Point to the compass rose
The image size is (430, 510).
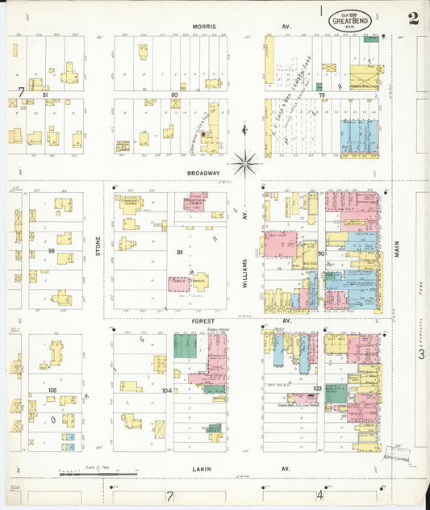[x=245, y=163]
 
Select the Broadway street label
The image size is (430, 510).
[x=203, y=173]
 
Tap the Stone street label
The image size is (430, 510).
[x=98, y=243]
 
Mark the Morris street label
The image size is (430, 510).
[x=203, y=26]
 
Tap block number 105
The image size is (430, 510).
[x=52, y=390]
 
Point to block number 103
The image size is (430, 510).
[x=317, y=388]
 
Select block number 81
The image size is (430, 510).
[x=45, y=95]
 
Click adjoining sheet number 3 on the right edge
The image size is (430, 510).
[x=420, y=353]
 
